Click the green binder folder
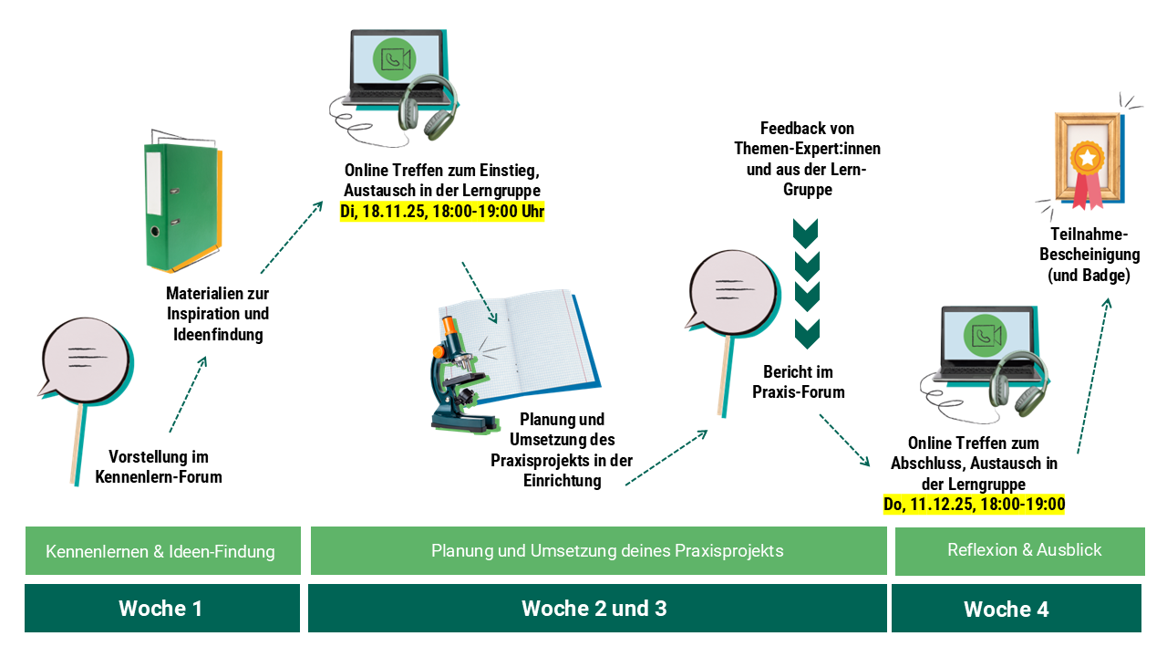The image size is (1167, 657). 183,203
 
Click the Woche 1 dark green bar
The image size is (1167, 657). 162,608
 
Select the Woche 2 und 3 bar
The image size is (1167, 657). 597,608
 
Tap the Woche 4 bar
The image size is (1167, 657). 1016,608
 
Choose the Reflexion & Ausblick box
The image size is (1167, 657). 1019,550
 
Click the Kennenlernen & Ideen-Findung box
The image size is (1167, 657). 162,550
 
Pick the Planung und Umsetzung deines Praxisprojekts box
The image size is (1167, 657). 599,550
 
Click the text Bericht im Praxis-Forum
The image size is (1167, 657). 798,382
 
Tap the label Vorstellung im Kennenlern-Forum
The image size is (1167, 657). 159,466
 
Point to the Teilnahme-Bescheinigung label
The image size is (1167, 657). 1090,255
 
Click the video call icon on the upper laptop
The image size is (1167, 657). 395,59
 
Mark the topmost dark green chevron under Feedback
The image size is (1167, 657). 805,233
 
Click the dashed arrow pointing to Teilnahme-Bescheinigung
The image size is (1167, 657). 1093,375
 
